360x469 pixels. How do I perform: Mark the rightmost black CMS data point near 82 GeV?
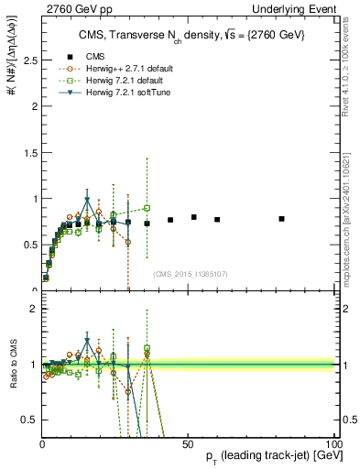click(282, 218)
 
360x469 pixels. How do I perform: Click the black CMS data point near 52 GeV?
click(194, 217)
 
